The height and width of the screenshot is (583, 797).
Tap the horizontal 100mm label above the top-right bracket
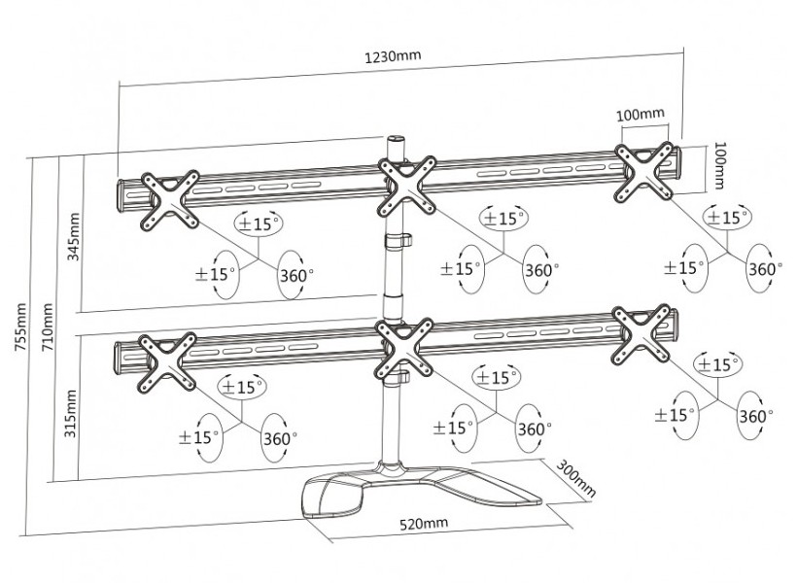tap(641, 114)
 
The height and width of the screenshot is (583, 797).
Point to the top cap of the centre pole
tap(397, 141)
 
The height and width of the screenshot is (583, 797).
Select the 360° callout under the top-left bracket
tap(295, 274)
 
